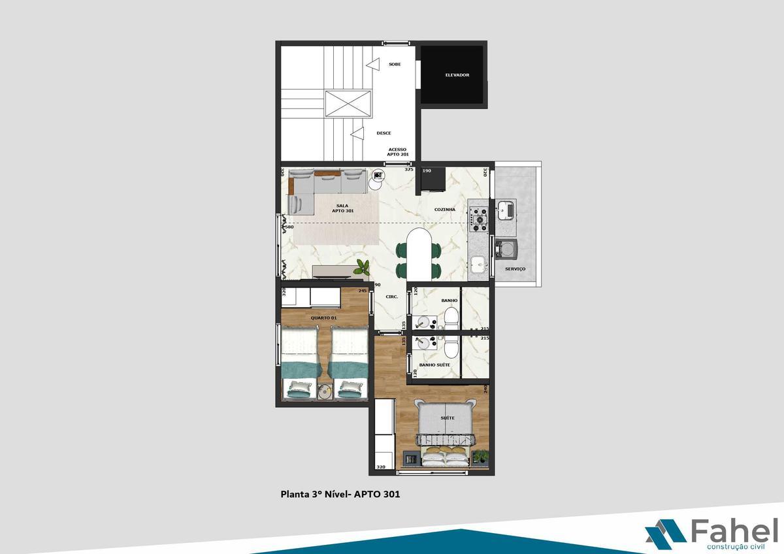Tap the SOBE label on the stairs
395,64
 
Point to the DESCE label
384,133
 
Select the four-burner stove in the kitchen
480,219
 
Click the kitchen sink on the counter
478,265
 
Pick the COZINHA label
445,210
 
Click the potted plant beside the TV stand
362,267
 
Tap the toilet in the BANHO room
451,318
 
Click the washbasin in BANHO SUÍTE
426,344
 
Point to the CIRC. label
392,296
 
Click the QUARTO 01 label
323,318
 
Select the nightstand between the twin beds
325,391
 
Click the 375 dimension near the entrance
409,169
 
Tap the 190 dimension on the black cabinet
427,171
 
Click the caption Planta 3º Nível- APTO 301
340,495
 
